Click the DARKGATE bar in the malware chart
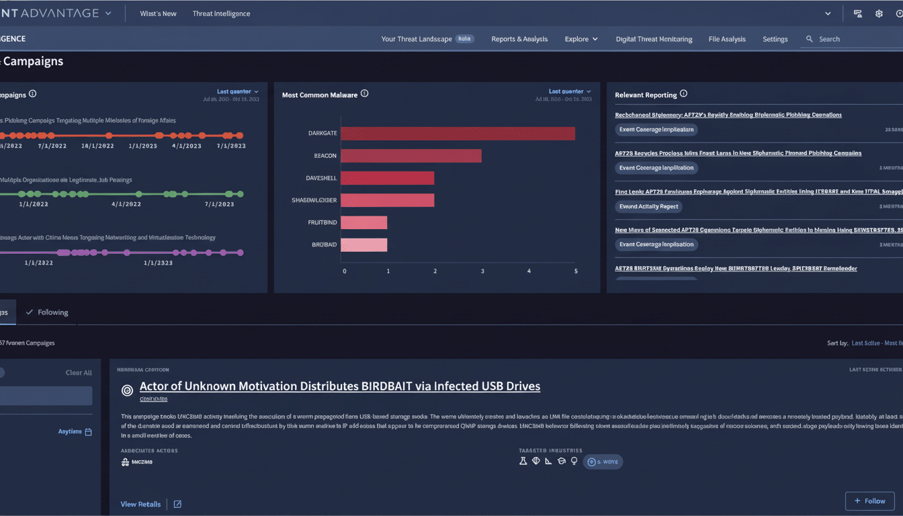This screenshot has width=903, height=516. point(457,133)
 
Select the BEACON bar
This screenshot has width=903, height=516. point(411,156)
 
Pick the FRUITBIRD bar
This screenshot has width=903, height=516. point(363,222)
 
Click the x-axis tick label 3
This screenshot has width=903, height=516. point(482,271)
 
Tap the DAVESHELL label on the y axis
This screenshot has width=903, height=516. point(321,178)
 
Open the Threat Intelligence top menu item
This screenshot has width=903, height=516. point(221,13)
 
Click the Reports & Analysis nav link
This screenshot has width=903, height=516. point(519,39)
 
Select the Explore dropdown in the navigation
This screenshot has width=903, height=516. point(580,39)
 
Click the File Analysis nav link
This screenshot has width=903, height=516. point(726,39)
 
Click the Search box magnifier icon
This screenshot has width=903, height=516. point(809,39)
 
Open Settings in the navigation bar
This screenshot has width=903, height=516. point(775,39)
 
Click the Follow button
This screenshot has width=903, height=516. point(869,501)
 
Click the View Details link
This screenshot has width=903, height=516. point(140,504)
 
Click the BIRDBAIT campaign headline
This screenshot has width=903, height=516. point(339,386)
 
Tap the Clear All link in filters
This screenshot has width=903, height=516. point(79,373)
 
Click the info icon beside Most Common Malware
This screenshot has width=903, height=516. point(364,94)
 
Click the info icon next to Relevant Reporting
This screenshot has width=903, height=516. point(683,94)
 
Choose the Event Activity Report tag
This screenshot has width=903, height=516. point(649,206)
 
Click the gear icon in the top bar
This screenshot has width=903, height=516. point(879,13)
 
